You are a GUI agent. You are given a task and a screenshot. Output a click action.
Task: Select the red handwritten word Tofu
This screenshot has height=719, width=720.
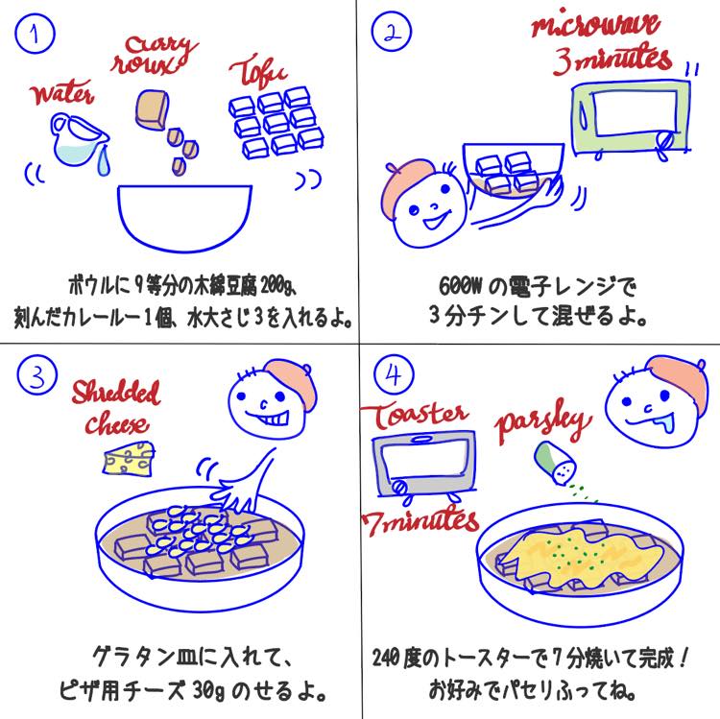[x=257, y=71]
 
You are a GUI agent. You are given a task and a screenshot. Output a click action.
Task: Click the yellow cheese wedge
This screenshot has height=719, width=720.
[x=128, y=460]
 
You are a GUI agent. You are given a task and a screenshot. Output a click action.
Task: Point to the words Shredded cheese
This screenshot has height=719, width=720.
[x=116, y=407]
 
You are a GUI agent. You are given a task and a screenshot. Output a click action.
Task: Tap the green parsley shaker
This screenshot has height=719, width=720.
[x=556, y=459]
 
